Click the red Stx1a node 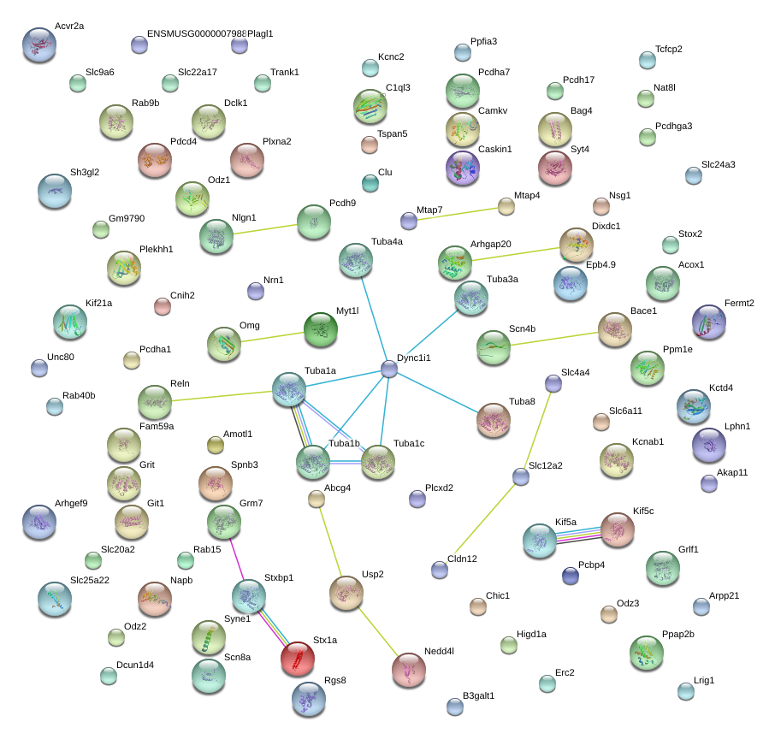[x=297, y=658]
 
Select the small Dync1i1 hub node [x=389, y=370]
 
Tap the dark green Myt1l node [x=320, y=329]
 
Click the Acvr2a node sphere [x=38, y=44]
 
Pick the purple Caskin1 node [x=462, y=168]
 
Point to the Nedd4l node [x=408, y=669]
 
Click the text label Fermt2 [x=739, y=303]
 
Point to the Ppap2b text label [x=678, y=634]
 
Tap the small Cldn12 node [x=440, y=570]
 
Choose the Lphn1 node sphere [x=708, y=444]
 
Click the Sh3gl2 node [x=54, y=191]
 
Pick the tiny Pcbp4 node [x=571, y=576]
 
